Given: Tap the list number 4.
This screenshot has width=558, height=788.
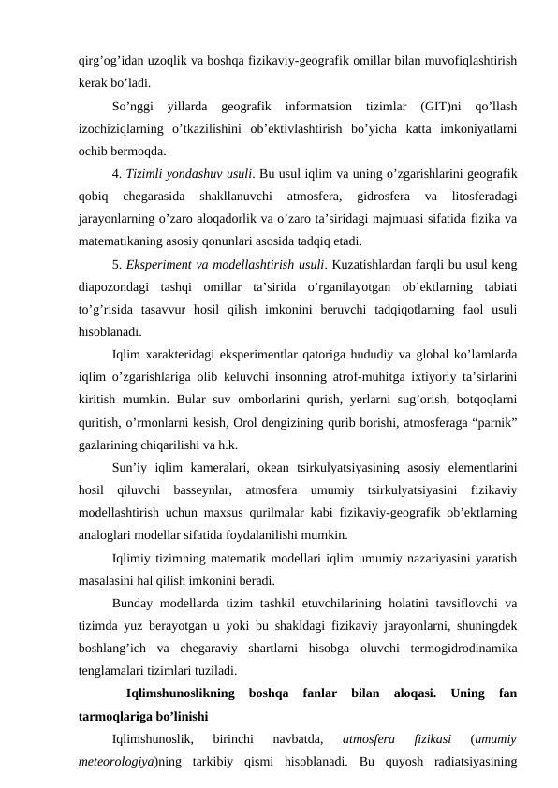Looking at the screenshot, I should click(115, 173).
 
